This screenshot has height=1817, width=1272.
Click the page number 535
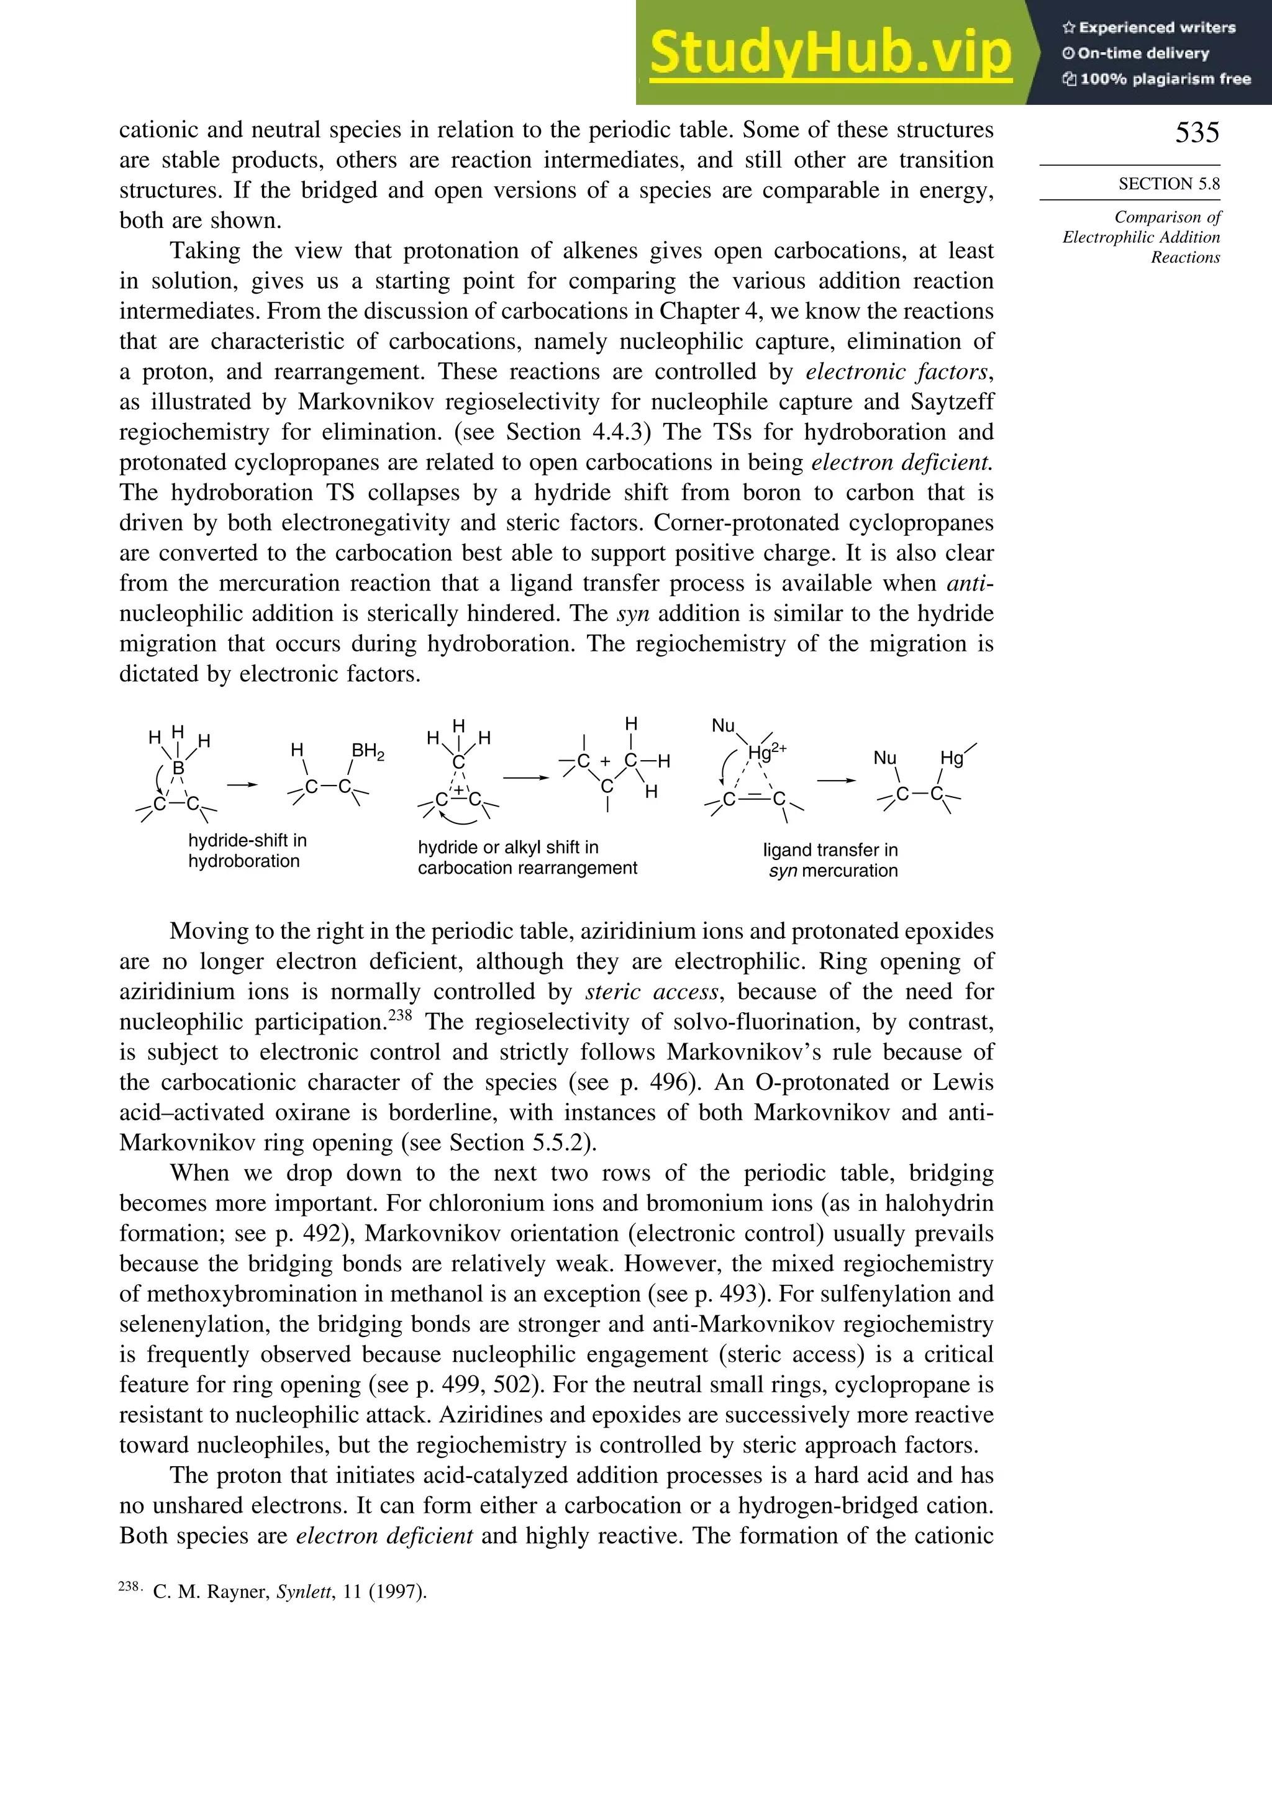point(1196,132)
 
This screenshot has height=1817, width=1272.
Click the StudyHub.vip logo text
point(830,54)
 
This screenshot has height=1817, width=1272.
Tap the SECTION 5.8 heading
point(1168,184)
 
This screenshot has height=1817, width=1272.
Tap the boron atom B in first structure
point(178,767)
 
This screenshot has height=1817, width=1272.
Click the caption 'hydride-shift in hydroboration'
point(247,851)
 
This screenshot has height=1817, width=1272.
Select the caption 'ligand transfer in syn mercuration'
point(830,860)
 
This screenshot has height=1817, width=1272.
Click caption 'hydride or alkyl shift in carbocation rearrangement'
point(527,857)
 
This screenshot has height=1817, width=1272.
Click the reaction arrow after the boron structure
point(242,784)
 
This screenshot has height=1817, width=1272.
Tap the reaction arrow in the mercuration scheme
point(836,781)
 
